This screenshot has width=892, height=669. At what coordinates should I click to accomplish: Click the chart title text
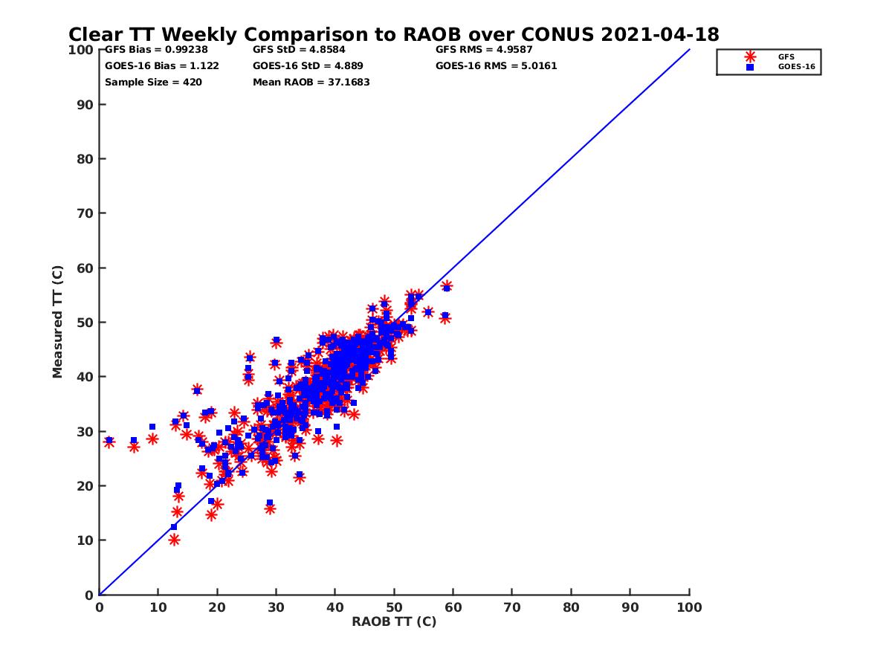coord(393,34)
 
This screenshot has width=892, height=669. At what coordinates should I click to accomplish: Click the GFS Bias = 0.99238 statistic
coord(156,50)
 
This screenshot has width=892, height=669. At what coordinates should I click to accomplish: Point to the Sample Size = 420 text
coord(153,83)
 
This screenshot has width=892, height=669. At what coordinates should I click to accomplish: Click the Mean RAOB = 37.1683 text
coord(311,83)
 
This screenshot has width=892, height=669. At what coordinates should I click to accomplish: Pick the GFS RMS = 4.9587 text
coord(484,50)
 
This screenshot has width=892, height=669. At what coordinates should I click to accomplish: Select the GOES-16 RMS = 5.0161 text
coord(496,66)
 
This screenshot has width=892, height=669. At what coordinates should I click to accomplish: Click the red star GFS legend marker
coord(750,56)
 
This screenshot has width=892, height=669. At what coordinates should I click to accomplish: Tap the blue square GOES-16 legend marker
coord(750,67)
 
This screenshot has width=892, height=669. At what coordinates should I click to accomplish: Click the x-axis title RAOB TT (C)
coord(394,621)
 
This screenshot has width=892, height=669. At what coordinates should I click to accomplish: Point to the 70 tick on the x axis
coord(512,607)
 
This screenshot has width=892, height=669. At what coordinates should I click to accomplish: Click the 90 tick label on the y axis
coord(85,105)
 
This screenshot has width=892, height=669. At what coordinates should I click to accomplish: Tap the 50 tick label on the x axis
coord(394,607)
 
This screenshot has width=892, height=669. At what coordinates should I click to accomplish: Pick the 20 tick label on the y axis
coord(85,486)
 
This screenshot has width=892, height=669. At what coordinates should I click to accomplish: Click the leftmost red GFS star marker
coord(109,442)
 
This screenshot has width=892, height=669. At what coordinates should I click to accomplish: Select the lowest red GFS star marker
coord(174,540)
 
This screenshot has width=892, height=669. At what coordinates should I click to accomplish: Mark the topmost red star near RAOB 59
coord(447,286)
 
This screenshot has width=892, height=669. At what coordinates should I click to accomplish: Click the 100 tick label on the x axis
coord(690,607)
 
